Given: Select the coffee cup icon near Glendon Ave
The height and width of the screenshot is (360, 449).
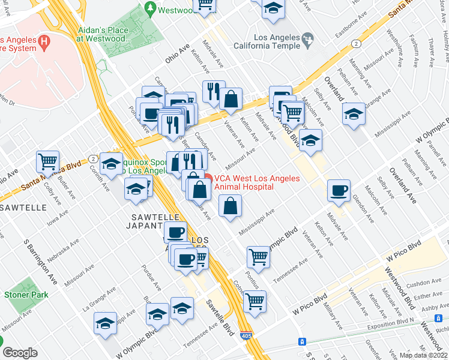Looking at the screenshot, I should click(x=339, y=190).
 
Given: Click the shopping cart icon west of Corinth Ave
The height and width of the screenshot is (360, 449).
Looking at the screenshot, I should click(x=47, y=161).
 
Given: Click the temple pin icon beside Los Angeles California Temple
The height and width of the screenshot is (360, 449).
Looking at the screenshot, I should click(x=309, y=41).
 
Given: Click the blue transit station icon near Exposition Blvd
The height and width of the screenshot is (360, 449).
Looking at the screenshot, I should click(x=302, y=341).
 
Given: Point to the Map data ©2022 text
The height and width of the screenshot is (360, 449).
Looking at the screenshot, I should click(x=423, y=355).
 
